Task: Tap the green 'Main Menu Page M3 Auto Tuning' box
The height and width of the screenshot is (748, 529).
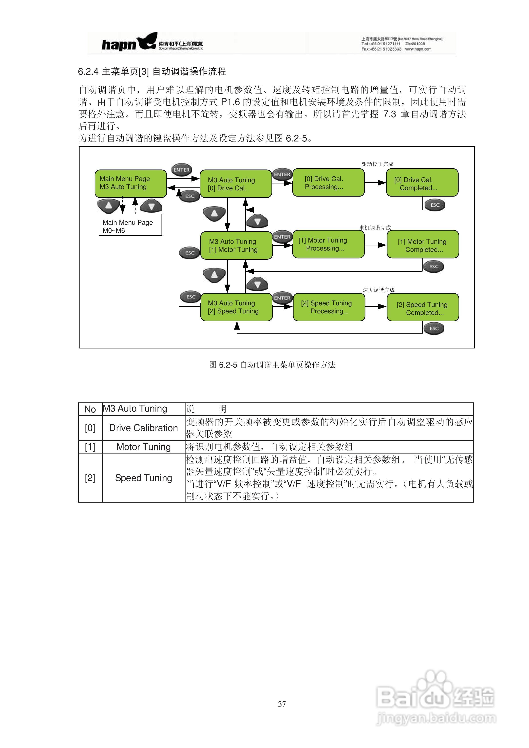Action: point(130,183)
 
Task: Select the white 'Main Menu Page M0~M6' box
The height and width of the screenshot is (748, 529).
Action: point(130,225)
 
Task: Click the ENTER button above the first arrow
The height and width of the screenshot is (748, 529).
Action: point(181,170)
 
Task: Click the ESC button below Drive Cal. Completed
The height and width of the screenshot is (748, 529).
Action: point(435,205)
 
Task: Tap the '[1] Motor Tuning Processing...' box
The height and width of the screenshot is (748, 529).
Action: point(328,244)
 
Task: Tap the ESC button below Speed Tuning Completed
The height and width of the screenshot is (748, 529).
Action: point(434,328)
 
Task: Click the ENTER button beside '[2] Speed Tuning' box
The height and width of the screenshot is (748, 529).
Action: point(282,298)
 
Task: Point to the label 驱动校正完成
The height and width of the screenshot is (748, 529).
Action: point(377,164)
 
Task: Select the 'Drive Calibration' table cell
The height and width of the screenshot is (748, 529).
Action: point(143,428)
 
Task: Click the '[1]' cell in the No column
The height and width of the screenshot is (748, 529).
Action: point(90,447)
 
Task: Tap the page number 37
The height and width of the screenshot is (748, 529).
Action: point(282,704)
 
